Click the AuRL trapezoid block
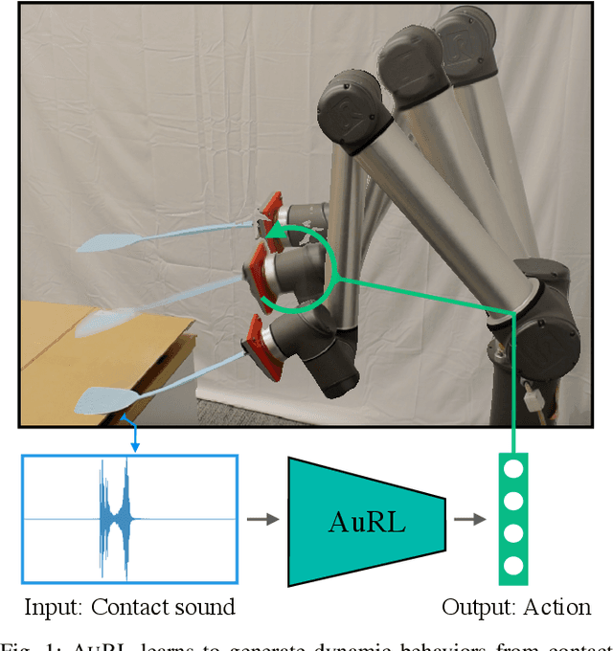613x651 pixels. (x=366, y=521)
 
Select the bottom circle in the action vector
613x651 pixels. (x=513, y=564)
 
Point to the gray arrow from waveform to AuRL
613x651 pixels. (x=259, y=520)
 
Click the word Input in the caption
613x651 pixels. (x=46, y=607)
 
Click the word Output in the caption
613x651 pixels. (x=471, y=607)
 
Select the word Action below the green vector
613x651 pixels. (x=557, y=607)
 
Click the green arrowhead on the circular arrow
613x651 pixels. (x=274, y=231)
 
